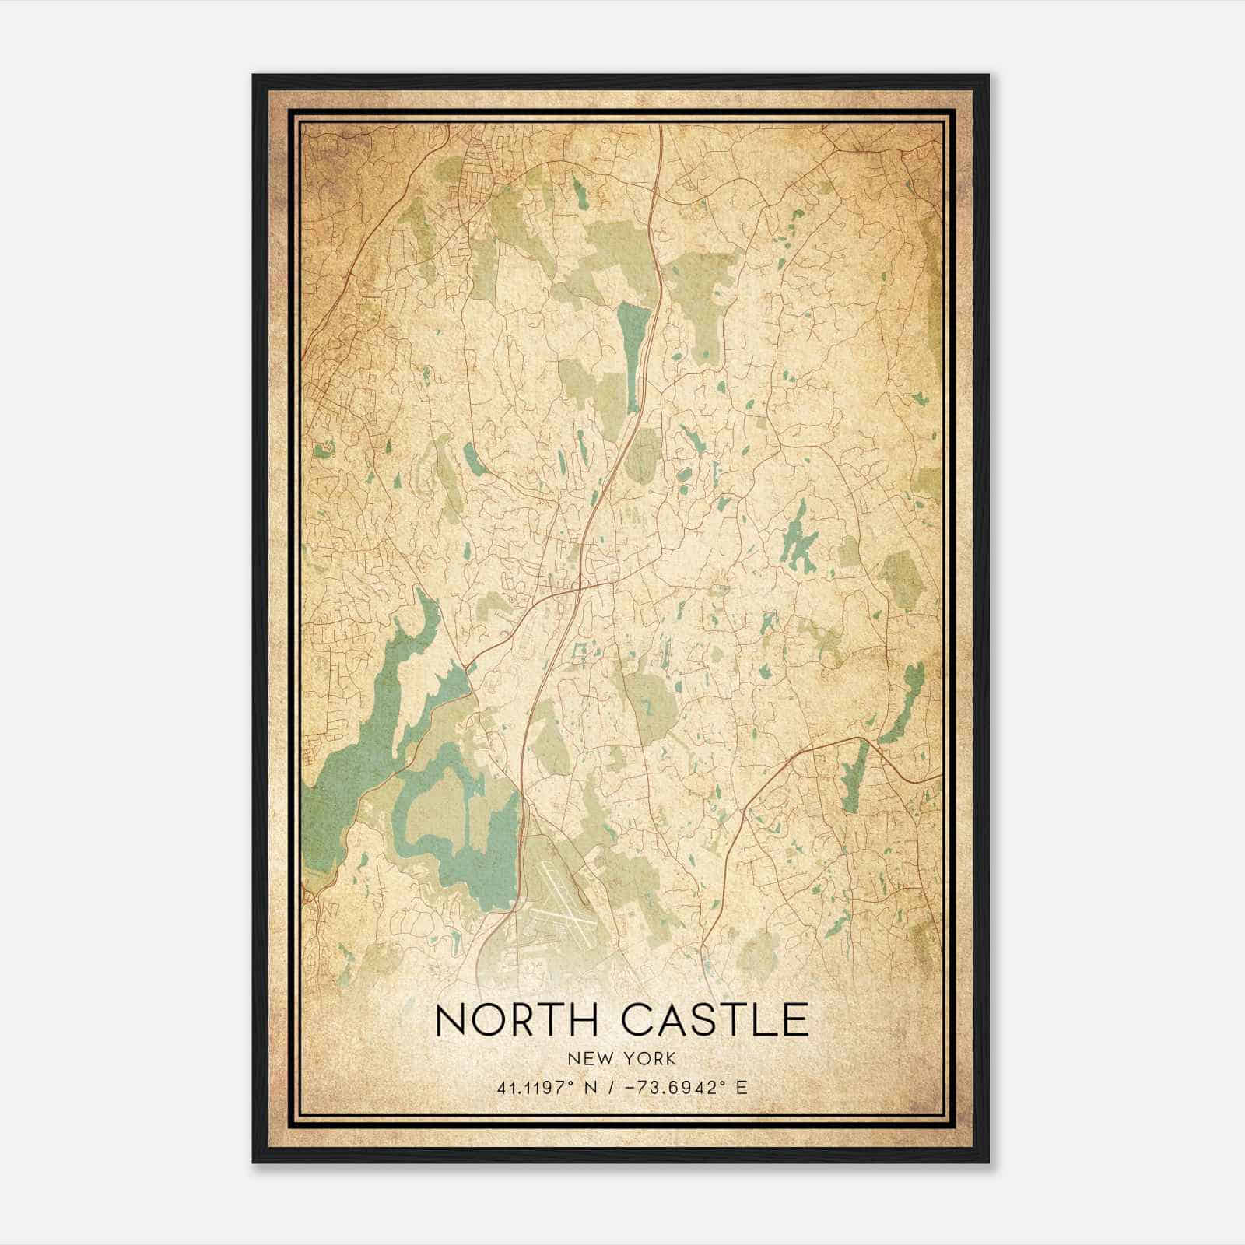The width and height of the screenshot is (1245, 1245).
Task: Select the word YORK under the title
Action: click(x=648, y=1059)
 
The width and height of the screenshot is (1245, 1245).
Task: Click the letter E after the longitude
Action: click(x=742, y=1087)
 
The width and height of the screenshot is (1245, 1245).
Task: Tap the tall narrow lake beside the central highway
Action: click(x=634, y=354)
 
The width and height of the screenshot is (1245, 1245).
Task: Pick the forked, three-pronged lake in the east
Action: click(x=795, y=537)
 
